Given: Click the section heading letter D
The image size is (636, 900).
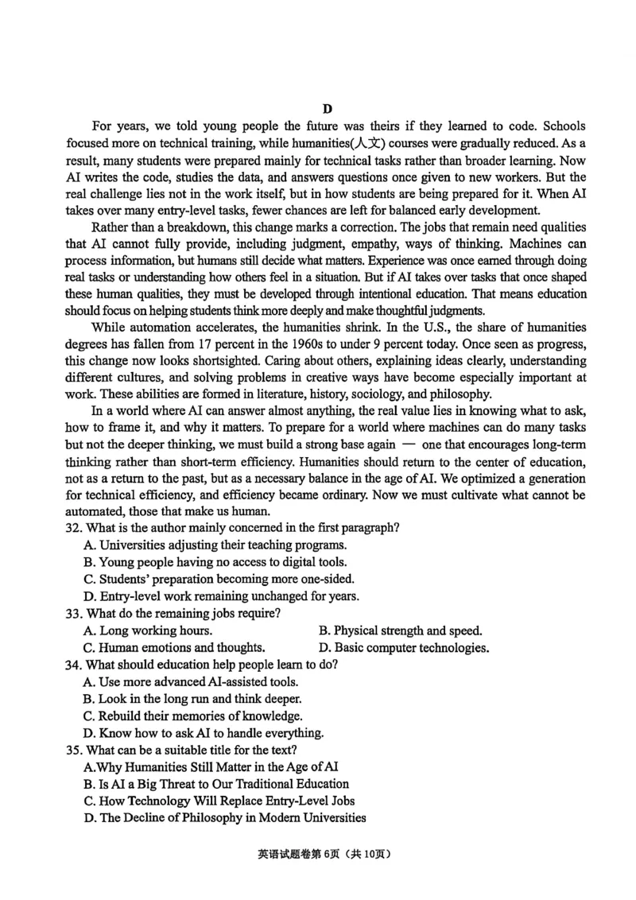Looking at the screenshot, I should (x=327, y=109).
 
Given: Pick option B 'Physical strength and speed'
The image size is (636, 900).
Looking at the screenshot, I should (x=401, y=630).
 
